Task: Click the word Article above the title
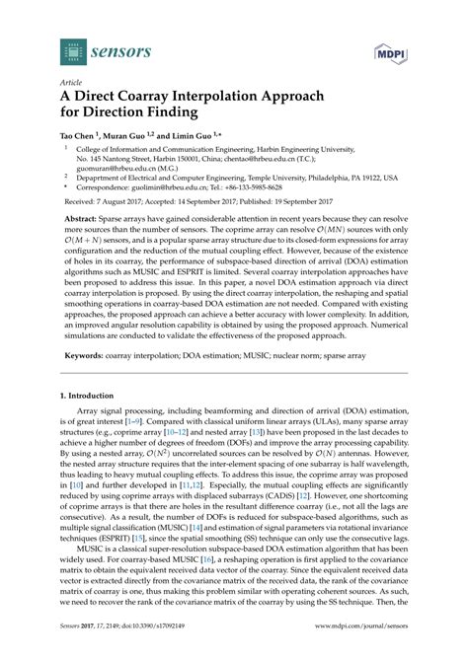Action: [x=71, y=83]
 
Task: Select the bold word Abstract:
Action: [x=82, y=223]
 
